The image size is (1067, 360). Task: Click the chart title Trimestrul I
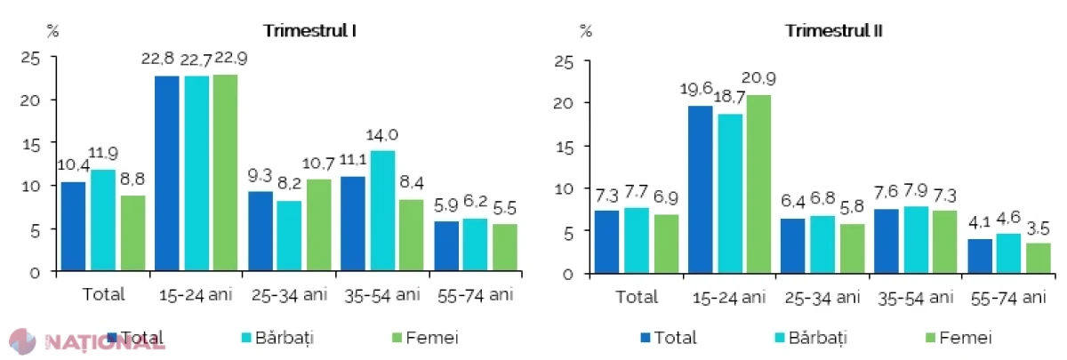coord(310,31)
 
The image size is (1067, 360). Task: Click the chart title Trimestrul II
coord(834,31)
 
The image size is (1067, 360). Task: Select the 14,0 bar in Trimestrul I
coord(382,211)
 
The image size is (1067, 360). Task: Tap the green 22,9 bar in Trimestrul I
coord(225,172)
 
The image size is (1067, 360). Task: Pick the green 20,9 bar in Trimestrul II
coord(758,184)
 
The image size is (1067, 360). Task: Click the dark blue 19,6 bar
coord(701,189)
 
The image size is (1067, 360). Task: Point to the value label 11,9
coord(103,153)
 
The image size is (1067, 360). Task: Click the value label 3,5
coord(1038,228)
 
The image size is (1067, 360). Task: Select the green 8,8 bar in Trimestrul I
coord(132,233)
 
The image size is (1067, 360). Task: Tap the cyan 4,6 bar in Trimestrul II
coord(1008,254)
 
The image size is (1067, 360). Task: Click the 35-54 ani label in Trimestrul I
coord(382,295)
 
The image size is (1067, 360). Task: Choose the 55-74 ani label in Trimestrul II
coord(1008,298)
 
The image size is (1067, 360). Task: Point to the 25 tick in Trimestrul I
coord(29,59)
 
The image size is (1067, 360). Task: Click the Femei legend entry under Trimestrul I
coord(425,338)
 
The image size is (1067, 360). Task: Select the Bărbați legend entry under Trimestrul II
coord(811,338)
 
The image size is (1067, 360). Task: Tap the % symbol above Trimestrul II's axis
coord(586,31)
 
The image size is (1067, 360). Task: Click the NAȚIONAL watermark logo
coord(85,341)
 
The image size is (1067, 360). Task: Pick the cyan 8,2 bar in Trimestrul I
coord(289,236)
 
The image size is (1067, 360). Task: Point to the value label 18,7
coord(729,97)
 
